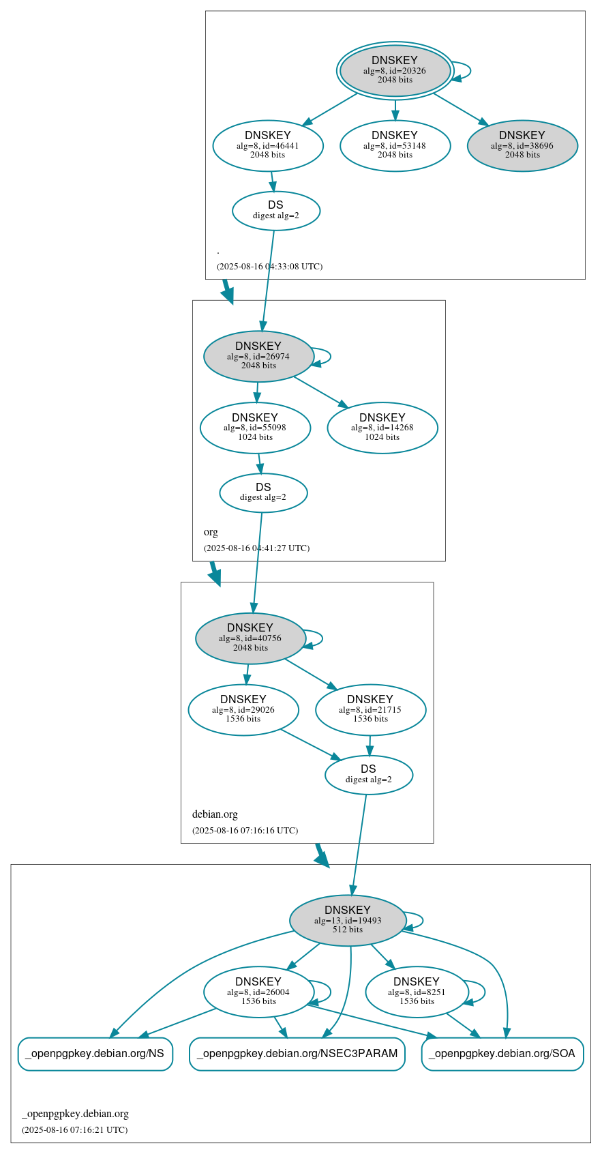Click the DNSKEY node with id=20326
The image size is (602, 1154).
395,70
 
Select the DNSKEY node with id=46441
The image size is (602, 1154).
268,145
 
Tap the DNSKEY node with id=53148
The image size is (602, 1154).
395,145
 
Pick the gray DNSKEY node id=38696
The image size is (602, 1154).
522,145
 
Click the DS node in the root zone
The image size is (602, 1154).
276,210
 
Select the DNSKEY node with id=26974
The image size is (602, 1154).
258,356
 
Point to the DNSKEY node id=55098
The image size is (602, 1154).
255,428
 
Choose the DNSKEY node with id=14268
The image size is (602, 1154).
382,428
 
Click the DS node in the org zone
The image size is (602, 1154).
263,492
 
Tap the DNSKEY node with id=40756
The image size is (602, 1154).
250,638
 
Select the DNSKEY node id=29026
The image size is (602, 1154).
243,709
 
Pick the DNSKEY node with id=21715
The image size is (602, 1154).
370,709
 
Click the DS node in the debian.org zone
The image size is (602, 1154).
369,775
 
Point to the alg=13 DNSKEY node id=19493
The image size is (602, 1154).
348,920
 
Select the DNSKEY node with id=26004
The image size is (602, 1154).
258,992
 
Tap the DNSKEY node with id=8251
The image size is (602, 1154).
417,992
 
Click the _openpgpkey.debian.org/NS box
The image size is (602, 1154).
95,1054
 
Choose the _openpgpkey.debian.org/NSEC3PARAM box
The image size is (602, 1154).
297,1054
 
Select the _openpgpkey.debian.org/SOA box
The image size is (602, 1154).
502,1054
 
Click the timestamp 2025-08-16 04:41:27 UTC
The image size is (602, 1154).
256,548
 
